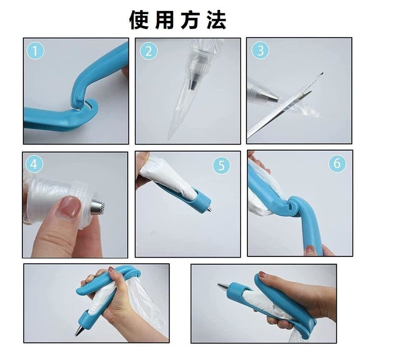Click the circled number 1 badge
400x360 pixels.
point(35,50)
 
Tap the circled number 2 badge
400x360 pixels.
point(148,51)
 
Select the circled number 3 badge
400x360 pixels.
point(260,50)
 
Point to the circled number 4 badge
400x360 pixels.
point(34,164)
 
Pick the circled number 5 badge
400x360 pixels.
point(222,165)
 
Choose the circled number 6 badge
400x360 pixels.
point(337,163)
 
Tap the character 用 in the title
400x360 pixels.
point(165,20)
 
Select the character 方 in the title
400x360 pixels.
point(190,20)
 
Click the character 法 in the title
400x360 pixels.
point(216,20)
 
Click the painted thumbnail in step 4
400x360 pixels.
point(68,207)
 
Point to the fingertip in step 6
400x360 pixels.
point(310,249)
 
